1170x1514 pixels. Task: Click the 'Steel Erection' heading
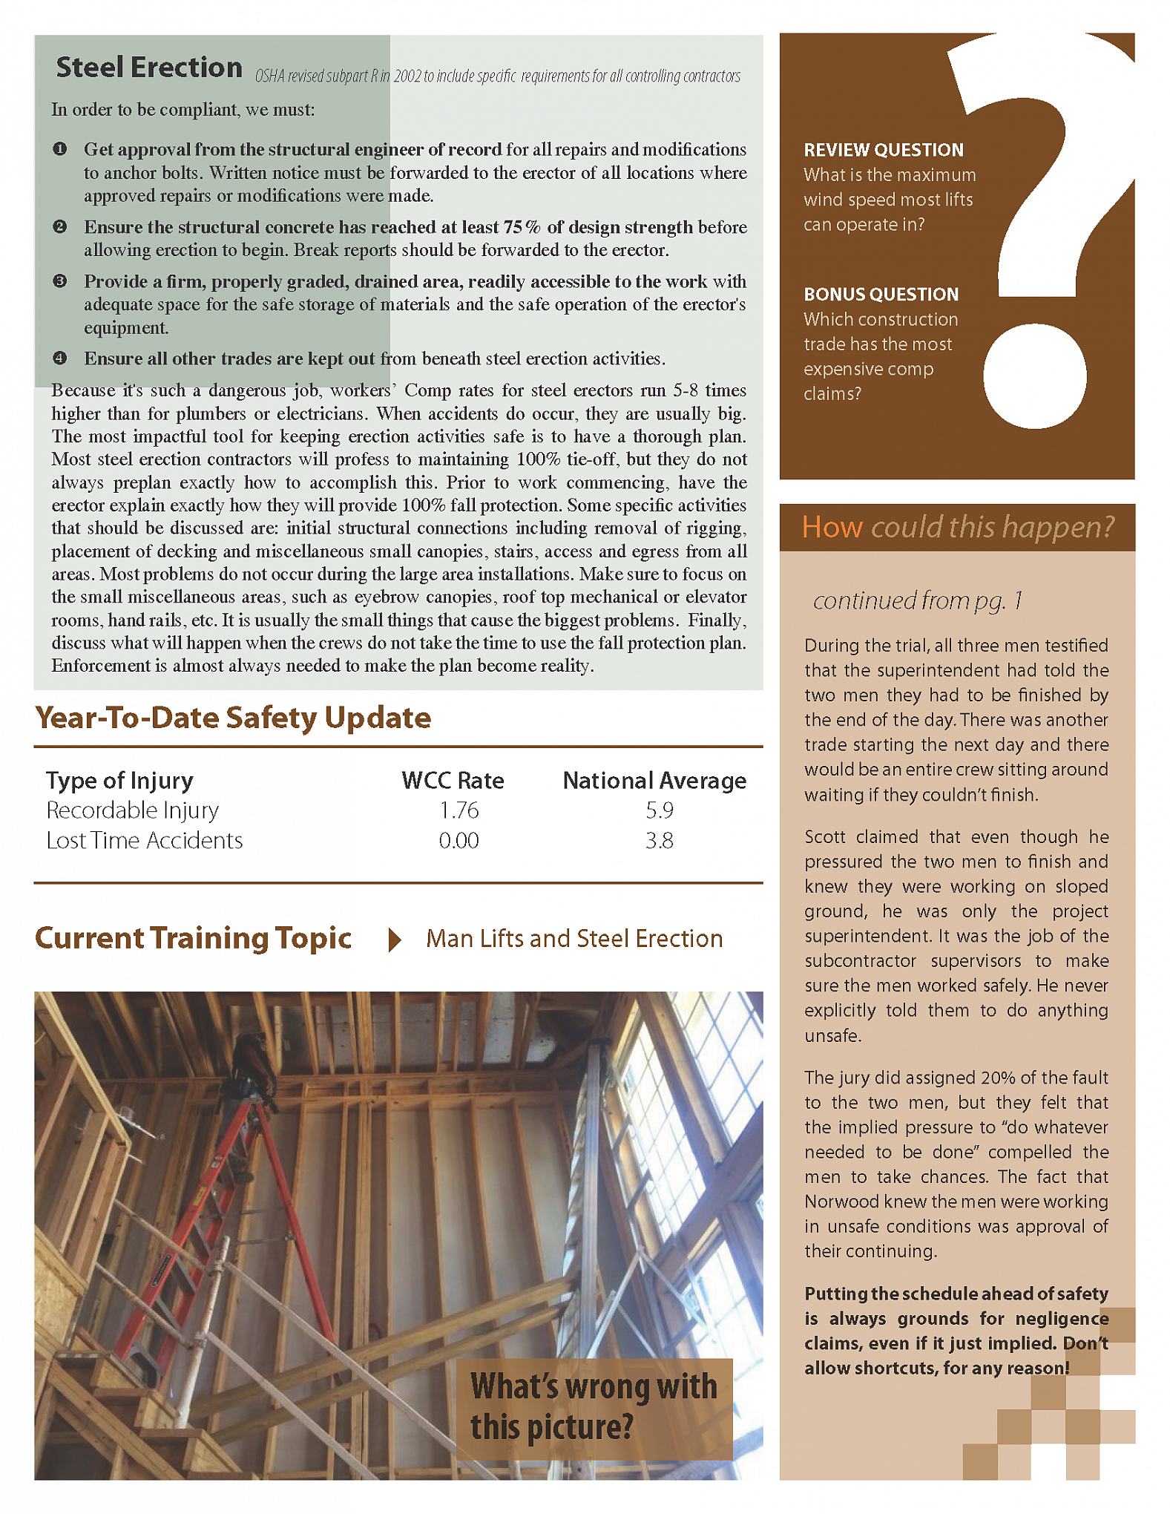[149, 68]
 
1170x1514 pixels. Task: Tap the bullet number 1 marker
[60, 149]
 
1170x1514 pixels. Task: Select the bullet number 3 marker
[60, 281]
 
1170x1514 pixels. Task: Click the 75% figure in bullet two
[522, 227]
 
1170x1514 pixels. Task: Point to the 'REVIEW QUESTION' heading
[884, 150]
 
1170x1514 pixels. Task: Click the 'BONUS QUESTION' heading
[881, 295]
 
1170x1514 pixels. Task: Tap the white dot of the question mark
[1034, 376]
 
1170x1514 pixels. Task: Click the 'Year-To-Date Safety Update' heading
[233, 718]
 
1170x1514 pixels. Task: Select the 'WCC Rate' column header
[453, 781]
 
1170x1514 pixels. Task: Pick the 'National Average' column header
[654, 781]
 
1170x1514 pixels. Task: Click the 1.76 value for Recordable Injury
[459, 810]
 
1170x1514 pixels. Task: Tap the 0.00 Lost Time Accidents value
[459, 841]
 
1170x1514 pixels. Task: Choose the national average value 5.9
[659, 810]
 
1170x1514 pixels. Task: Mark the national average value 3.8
[659, 841]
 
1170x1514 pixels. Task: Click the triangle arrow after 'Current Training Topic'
[395, 940]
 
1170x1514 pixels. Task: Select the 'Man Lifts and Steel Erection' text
[574, 939]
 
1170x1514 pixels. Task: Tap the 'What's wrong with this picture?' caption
[594, 1407]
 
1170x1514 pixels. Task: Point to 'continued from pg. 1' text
[918, 600]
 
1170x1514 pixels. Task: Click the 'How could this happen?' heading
[957, 528]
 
